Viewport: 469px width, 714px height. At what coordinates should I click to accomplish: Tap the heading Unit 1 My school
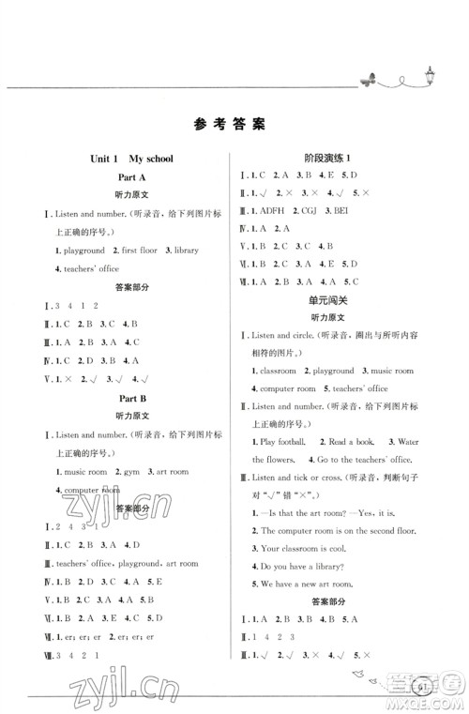127,159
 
